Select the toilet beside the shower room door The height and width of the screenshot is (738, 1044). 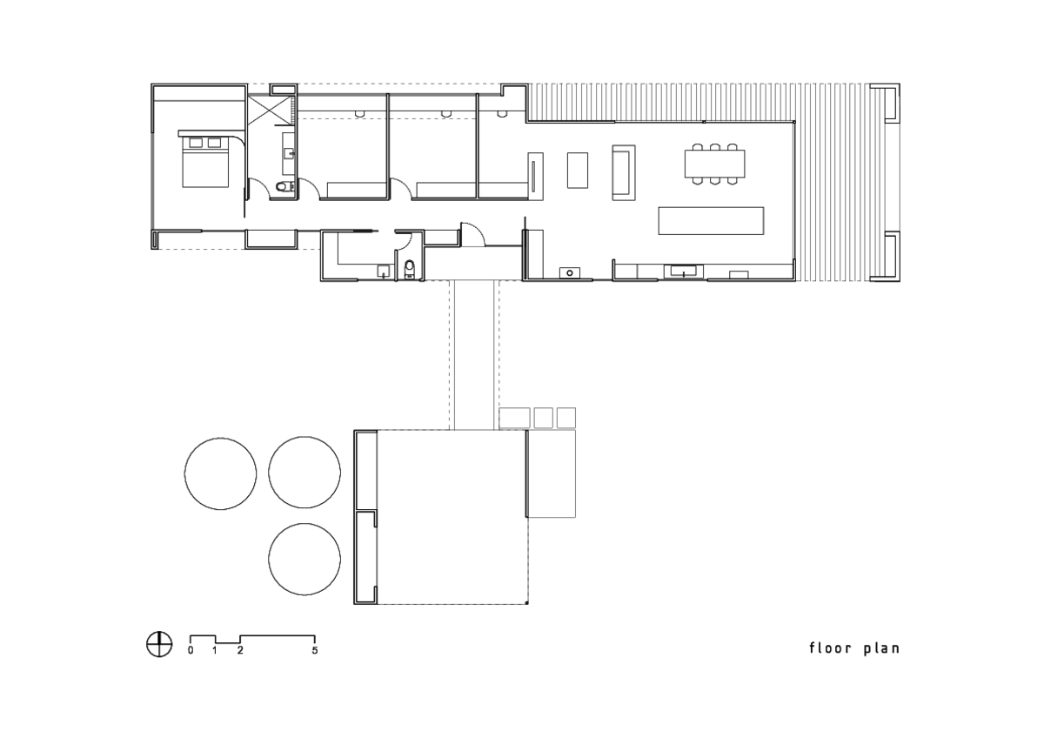[x=280, y=186]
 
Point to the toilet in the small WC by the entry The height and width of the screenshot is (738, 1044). [x=409, y=267]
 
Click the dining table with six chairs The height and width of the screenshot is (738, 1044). [x=714, y=164]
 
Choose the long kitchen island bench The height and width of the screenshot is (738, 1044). [x=710, y=221]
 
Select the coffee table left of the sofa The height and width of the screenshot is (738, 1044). [x=578, y=170]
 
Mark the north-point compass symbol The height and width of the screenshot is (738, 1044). [x=158, y=644]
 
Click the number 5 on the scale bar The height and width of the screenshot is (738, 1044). [x=315, y=650]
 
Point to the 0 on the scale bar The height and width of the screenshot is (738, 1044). [x=191, y=650]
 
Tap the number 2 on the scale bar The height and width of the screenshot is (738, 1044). [x=240, y=650]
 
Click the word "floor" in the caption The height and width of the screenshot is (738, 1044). [x=830, y=647]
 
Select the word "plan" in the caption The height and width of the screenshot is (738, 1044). [x=882, y=648]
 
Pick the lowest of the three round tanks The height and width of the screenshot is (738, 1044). [x=304, y=559]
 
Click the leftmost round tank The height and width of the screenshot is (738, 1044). [x=220, y=473]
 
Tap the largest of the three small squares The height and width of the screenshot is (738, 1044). [x=513, y=418]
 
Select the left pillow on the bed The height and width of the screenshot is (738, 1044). [x=197, y=142]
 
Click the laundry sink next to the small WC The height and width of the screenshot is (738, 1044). [x=383, y=272]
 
